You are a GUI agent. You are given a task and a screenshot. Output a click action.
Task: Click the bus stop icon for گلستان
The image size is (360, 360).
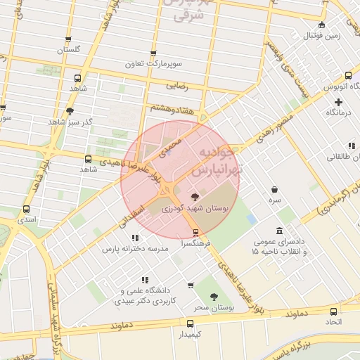pos(68,39)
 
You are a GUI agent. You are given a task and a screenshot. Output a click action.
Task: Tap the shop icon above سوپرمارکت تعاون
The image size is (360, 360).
pos(154,53)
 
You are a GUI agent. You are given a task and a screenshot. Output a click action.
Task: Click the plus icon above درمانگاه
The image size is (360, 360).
pos(339,102)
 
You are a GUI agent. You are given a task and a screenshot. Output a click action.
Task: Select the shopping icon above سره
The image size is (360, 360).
pos(274,189)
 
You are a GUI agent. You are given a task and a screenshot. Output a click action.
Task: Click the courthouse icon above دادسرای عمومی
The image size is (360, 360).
pos(280,231)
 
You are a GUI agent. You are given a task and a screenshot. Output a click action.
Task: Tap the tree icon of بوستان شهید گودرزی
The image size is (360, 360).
pos(195,198)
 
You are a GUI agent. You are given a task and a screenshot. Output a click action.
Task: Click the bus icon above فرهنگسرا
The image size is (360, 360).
pos(195,233)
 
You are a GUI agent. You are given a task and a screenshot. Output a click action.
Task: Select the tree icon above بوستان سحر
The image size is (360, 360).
pos(214,298)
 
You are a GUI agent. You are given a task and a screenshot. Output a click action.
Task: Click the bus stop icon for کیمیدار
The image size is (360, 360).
pos(190,323)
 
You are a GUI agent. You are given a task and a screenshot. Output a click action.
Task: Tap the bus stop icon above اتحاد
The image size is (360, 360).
pos(333,311)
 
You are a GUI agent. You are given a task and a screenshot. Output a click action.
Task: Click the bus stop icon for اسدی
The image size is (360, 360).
pos(27,210)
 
